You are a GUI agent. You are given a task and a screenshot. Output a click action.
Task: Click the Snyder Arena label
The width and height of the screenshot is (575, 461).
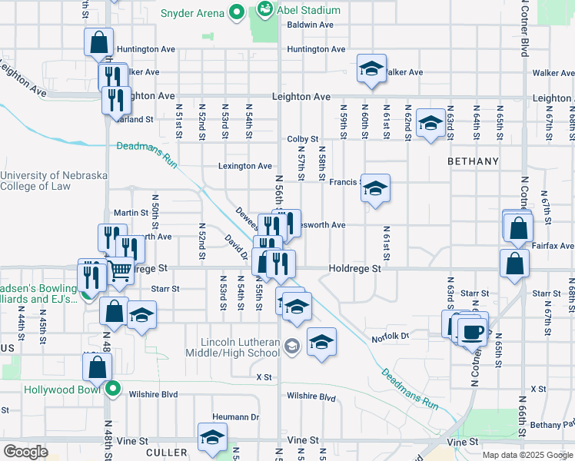(192, 13)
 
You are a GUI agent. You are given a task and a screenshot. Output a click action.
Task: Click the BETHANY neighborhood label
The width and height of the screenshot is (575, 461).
(474, 162)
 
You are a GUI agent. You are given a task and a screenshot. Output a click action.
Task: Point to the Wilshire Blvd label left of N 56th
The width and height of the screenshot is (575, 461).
(157, 394)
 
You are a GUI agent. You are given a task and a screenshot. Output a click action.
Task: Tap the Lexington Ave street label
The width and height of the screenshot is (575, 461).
(244, 166)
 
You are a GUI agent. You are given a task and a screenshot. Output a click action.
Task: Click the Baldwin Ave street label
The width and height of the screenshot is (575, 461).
(310, 25)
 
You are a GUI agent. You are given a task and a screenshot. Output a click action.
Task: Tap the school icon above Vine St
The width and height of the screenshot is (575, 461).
(212, 437)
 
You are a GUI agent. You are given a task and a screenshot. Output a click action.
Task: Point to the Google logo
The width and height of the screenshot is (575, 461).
(25, 451)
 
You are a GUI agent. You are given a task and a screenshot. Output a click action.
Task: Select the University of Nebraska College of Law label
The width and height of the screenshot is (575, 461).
(54, 181)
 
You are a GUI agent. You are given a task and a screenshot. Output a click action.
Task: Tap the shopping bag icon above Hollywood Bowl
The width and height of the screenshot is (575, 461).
(98, 366)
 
